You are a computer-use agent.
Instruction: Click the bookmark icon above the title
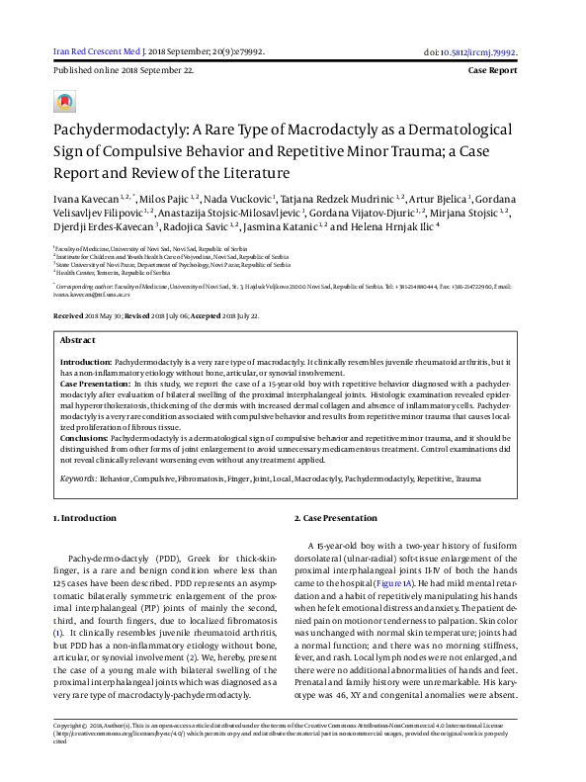[64, 101]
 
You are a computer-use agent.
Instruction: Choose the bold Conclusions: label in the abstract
[85, 435]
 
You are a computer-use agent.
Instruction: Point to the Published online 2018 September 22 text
[123, 72]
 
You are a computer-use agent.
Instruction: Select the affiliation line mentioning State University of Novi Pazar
[173, 264]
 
